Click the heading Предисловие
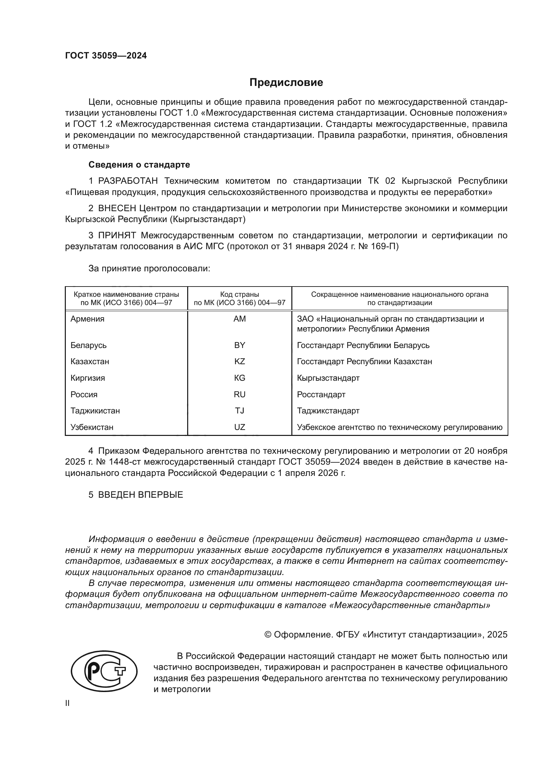pos(286,83)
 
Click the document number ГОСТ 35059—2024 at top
pos(106,56)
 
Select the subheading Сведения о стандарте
pos(139,165)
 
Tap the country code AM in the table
pos(239,319)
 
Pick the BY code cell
pos(239,345)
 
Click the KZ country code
pos(239,362)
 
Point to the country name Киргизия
pos(88,378)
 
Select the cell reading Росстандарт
pos(321,395)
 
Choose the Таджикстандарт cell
pos(328,411)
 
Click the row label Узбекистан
pos(92,427)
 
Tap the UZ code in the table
pos(239,427)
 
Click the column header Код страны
pos(239,294)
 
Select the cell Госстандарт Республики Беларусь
pos(363,345)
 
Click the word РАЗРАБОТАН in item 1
pos(128,181)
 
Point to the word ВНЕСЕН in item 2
pos(117,209)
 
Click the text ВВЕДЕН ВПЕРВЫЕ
pos(141,495)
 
